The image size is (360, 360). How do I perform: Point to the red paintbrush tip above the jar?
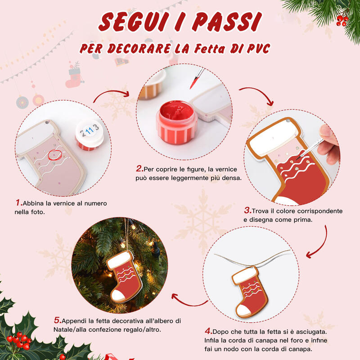click(x=193, y=83)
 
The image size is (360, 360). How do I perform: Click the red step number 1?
click(x=18, y=203)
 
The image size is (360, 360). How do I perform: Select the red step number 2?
click(x=139, y=169)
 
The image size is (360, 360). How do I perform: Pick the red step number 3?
click(x=247, y=211)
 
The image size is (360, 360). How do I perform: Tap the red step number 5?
click(x=57, y=320)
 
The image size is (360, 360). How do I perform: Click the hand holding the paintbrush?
click(x=331, y=144)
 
